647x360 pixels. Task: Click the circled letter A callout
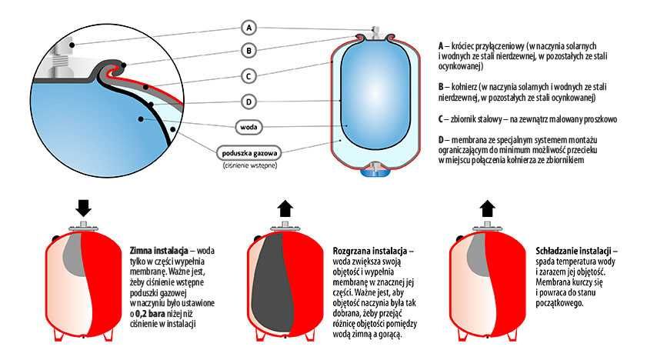pos(248,28)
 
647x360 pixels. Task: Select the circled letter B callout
pos(248,51)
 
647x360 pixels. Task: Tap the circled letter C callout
pos(248,76)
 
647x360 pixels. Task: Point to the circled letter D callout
pos(248,102)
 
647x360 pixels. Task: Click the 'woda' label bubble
pos(248,127)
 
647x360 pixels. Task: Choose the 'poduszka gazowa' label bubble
pos(249,153)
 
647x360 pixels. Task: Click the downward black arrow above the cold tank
pos(83,208)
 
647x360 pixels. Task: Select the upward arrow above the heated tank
pos(285,208)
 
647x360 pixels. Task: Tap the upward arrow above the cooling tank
pos(487,208)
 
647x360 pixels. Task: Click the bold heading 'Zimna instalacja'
pos(158,251)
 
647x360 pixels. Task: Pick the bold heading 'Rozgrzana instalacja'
pos(370,251)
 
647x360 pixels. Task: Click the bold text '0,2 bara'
pos(151,313)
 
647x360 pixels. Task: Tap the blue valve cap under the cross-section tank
pos(375,171)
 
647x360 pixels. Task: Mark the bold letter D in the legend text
pos(441,140)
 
